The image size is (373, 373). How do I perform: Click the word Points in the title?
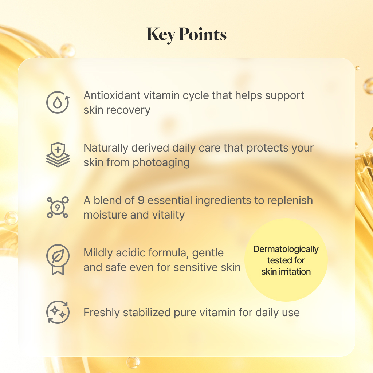coord(203,34)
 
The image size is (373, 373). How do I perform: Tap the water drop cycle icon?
coord(58,102)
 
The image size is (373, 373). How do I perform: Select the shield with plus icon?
coord(58,155)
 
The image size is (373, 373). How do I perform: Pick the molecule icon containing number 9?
coord(58,207)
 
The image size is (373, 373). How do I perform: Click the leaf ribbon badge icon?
coord(58,259)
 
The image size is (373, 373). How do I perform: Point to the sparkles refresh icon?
coord(58,312)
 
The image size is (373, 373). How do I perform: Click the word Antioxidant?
coord(112,95)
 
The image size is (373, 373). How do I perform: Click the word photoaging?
coord(161,163)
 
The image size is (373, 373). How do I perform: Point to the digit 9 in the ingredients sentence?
coord(141,200)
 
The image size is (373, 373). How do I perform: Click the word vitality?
coord(168,215)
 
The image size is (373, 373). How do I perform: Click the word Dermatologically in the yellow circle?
coord(286,250)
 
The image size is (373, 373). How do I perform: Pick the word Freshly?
coord(102,313)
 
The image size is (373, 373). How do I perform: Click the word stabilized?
coord(147,313)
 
